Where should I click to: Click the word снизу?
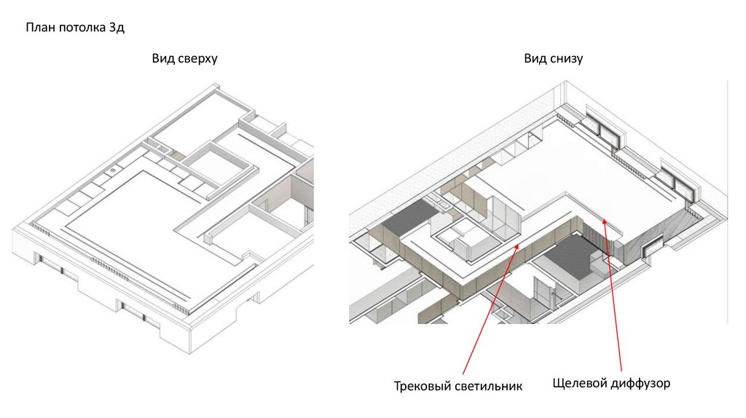coord(566,58)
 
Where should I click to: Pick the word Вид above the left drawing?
coord(162,58)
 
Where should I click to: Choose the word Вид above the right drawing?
coord(535,58)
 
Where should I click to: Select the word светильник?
coord(490,386)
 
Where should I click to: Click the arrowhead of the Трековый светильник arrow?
coord(519,246)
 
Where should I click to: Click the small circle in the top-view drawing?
coord(113,170)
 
